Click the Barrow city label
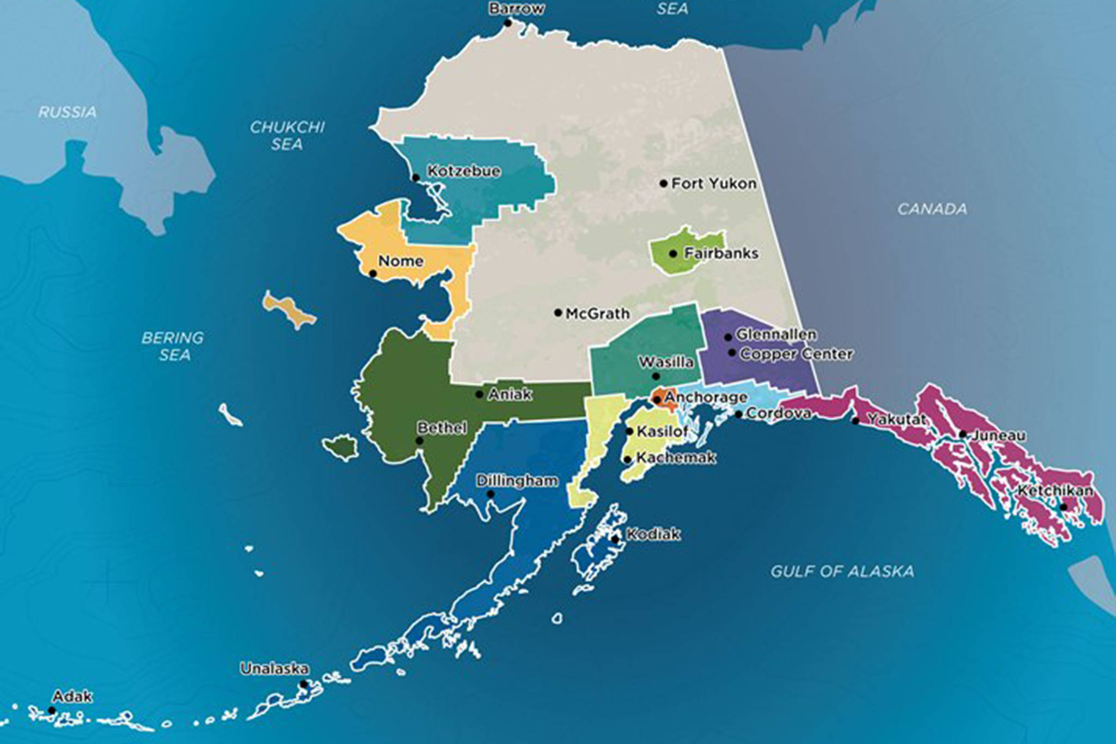[x=516, y=9]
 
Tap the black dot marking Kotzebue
[x=416, y=178]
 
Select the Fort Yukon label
[x=713, y=184]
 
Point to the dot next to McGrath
[x=558, y=313]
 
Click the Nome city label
[x=401, y=261]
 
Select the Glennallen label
[x=776, y=334]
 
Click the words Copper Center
[x=796, y=354]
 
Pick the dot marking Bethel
[x=420, y=441]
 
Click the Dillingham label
[x=517, y=481]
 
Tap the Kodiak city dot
[x=615, y=540]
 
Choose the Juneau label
[x=998, y=435]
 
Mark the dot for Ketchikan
[x=1063, y=507]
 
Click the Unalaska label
[x=274, y=669]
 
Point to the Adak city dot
[x=51, y=710]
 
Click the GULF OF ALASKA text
[x=842, y=571]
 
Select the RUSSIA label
[x=68, y=112]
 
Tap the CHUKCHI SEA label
[x=287, y=136]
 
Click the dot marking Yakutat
[x=856, y=421]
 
